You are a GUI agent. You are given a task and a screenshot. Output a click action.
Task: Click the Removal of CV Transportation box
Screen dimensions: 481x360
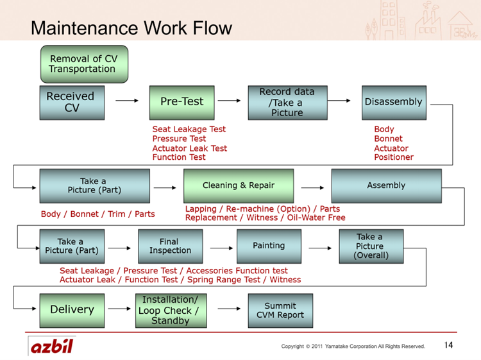85,64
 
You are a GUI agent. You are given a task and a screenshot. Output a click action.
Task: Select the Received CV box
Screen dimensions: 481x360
72,103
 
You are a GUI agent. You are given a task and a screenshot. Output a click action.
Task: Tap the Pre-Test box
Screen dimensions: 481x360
182,103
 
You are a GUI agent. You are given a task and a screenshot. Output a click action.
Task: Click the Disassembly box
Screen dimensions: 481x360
394,103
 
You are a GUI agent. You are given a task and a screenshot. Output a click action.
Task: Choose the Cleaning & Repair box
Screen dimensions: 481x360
239,186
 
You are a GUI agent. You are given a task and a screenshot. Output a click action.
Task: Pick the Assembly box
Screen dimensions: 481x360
387,186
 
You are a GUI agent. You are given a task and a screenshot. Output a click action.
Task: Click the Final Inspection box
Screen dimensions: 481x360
170,246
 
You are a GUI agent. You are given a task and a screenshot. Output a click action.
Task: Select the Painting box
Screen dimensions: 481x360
269,246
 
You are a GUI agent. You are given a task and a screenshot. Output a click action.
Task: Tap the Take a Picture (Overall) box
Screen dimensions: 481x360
371,246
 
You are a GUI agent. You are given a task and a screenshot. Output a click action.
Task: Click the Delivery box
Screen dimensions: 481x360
72,311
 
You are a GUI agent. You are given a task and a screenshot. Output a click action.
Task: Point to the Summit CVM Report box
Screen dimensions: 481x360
280,311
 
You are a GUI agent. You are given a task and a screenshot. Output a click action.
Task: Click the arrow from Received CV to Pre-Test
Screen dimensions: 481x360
127,100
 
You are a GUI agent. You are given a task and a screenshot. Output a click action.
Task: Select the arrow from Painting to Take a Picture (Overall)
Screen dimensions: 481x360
320,248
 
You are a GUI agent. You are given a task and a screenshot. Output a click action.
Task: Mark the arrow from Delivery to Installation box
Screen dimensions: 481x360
120,309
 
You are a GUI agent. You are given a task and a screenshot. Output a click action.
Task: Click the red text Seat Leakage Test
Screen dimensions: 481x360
189,129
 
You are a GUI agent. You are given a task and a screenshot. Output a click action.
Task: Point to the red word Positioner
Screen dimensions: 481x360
394,157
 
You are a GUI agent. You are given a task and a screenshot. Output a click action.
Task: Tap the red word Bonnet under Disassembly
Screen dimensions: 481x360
389,139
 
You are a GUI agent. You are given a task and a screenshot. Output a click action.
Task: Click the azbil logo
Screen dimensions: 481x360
52,346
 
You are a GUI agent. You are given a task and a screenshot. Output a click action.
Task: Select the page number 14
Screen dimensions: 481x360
448,345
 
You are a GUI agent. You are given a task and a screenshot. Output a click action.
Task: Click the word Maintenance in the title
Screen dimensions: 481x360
85,28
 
